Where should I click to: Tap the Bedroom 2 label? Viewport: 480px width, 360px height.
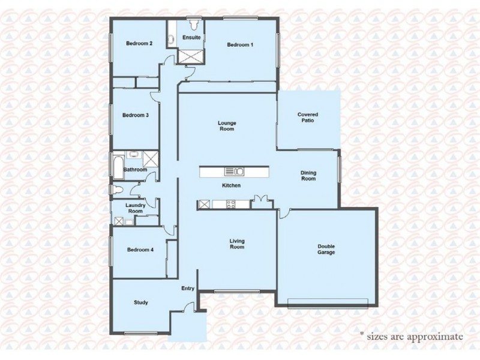coord(139,43)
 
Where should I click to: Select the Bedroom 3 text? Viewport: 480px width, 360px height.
coord(135,115)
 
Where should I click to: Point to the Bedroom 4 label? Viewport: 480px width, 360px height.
coord(140,250)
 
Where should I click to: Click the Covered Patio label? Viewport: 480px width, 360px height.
coord(308,117)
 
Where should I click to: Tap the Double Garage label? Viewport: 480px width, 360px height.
coord(326,249)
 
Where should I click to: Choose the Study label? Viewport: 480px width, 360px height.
coord(140,302)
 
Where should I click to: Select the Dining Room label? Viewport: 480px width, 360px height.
coord(308,176)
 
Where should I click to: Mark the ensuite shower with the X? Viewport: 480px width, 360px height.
coord(192,56)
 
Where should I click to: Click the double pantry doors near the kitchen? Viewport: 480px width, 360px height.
coord(260,200)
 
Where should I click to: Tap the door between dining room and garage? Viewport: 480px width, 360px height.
coord(285,213)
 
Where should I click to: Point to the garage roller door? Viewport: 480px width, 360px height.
coord(331,301)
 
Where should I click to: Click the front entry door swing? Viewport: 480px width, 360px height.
coord(191,307)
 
